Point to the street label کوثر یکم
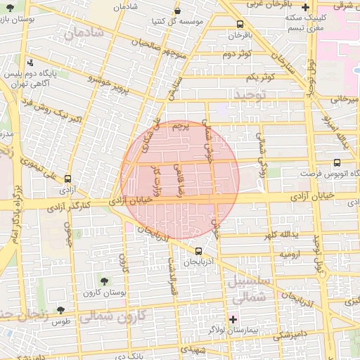click(259, 77)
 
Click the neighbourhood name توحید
click(251, 94)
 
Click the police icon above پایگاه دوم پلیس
click(30, 63)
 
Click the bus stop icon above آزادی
click(67, 179)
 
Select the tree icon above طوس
click(61, 309)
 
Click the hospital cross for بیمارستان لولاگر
click(233, 319)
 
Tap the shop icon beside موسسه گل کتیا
click(177, 12)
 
